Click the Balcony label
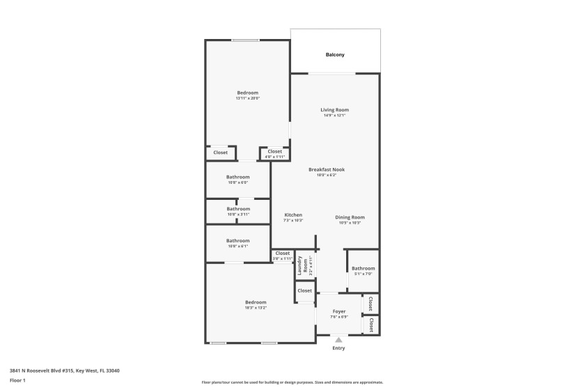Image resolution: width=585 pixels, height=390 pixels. click(335, 55)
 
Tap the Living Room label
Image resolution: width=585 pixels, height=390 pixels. click(334, 109)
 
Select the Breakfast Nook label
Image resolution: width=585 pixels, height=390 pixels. click(327, 169)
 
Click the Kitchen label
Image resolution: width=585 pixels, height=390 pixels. click(292, 214)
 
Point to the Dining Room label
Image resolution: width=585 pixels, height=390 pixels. click(351, 217)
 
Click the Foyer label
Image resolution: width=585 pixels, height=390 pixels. click(338, 311)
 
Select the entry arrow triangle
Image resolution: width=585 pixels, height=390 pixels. click(338, 339)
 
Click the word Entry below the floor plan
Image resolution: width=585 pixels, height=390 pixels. click(338, 348)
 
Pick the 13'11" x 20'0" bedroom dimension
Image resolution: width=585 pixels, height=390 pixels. click(247, 98)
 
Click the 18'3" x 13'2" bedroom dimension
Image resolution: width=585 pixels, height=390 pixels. click(256, 307)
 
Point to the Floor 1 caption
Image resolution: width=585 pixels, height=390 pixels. click(17, 380)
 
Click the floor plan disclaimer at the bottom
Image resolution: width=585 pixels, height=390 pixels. click(292, 382)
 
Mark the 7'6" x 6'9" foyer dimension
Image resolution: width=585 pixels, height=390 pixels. click(338, 317)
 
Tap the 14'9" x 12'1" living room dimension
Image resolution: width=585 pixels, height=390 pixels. click(334, 115)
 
